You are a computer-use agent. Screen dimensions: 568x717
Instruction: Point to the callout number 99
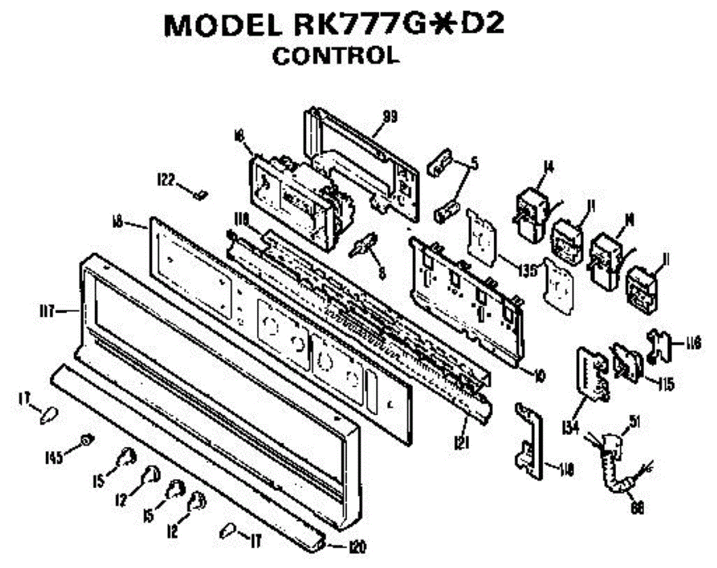[390, 116]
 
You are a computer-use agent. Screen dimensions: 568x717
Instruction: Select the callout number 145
[53, 458]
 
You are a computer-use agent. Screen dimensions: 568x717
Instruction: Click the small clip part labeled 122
[201, 193]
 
